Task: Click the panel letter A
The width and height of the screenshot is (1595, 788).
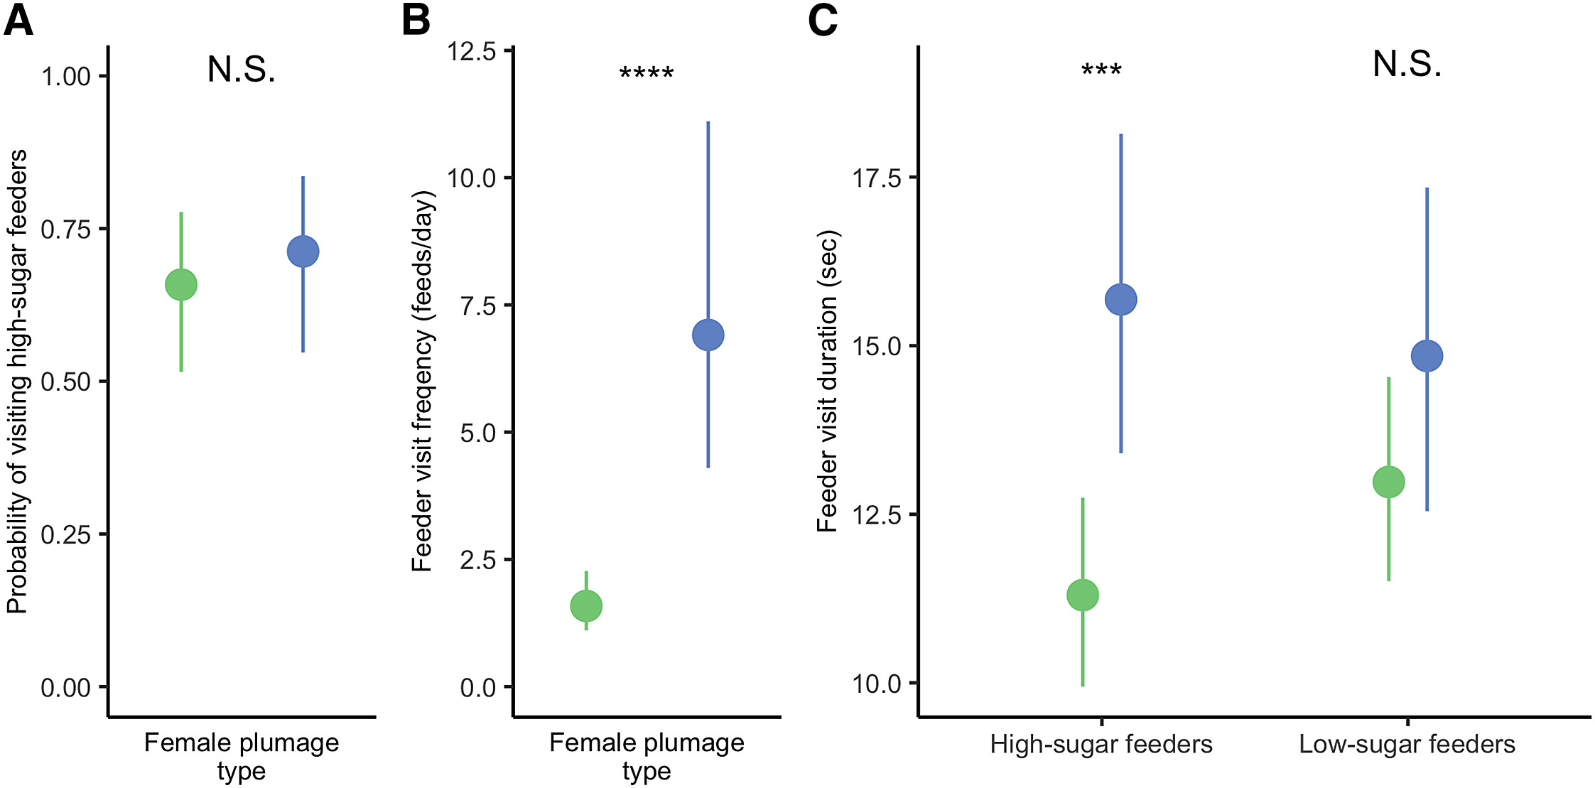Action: [18, 21]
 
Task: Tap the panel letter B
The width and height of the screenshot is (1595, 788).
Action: [416, 21]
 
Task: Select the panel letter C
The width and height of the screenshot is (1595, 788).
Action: [823, 21]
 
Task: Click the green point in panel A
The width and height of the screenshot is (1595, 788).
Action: [181, 285]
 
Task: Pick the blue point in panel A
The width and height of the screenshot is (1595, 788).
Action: [303, 252]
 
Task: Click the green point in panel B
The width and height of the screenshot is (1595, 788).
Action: [586, 606]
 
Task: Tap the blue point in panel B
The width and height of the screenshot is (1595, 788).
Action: [708, 335]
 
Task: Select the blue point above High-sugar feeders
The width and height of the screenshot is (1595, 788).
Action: [1121, 299]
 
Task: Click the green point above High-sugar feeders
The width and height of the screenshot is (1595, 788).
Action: [1083, 595]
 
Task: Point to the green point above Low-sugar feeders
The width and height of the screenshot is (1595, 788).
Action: [1388, 482]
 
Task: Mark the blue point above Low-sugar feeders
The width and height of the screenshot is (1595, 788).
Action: [1427, 356]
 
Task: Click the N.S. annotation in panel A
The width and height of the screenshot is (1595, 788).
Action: [242, 70]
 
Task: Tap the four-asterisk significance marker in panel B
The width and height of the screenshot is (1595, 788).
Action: [647, 73]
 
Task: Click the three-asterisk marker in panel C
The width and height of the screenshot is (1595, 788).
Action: [1101, 70]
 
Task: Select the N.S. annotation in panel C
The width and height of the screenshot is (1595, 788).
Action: [1407, 65]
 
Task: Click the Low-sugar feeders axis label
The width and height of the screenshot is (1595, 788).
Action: [1407, 745]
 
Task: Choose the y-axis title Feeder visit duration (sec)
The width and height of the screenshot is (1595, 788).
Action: [828, 381]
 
